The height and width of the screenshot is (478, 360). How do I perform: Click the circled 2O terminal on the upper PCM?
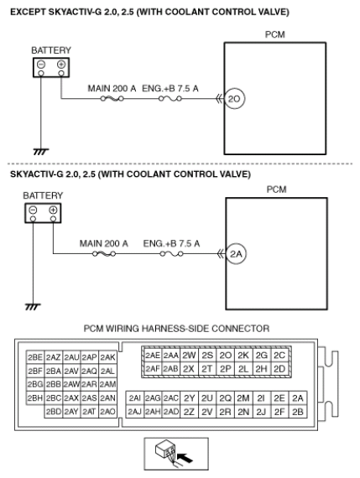[234, 99]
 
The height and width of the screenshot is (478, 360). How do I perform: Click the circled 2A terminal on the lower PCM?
[236, 253]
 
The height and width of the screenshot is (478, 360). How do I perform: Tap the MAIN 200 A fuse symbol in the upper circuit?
[112, 98]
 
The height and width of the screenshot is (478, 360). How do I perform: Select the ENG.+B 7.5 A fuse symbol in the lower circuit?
[171, 253]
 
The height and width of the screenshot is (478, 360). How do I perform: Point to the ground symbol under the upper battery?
[41, 152]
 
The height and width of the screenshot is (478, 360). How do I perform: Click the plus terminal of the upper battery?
[61, 65]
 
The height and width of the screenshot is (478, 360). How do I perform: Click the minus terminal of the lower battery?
[33, 210]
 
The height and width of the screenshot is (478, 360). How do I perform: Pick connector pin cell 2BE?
[35, 357]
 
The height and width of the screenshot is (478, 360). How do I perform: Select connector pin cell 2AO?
[107, 412]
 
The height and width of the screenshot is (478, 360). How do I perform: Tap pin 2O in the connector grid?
[226, 356]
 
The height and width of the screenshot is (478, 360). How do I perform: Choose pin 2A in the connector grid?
[298, 398]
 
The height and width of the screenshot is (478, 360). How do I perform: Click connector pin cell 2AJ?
[134, 412]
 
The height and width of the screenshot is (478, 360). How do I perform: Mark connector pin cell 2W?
[189, 356]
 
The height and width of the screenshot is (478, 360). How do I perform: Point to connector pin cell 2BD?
[54, 412]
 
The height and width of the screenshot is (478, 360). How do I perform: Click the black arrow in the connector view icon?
[185, 457]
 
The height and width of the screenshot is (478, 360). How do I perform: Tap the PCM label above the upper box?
[275, 34]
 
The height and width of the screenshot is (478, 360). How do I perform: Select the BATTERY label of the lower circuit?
[43, 195]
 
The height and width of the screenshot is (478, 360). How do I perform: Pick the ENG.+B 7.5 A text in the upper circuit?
[170, 88]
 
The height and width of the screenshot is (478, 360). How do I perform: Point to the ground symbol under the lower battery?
[33, 307]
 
